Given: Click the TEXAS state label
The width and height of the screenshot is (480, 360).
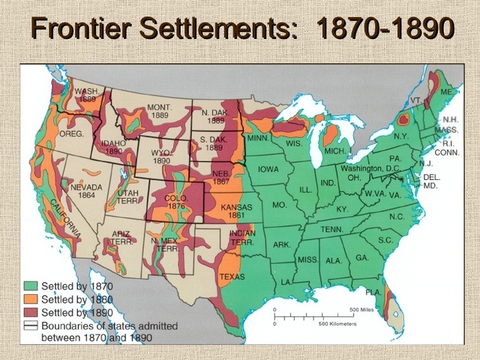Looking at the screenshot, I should click(x=232, y=277).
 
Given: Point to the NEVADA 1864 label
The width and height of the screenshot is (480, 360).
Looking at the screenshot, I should click(x=85, y=191).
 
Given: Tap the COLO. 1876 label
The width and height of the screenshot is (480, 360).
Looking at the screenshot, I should click(x=174, y=202).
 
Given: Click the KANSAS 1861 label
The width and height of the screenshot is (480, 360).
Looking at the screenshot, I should click(x=236, y=211).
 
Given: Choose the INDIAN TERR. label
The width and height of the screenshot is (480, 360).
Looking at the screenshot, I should click(x=241, y=237).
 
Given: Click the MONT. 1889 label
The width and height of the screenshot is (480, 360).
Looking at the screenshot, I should click(x=159, y=112).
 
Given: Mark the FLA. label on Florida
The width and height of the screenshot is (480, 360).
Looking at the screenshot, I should click(x=373, y=292).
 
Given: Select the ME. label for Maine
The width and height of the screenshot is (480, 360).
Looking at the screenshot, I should click(x=446, y=91).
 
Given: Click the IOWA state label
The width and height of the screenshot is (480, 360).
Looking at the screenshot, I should click(x=268, y=169).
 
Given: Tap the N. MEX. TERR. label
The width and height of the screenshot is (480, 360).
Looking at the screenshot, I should click(x=164, y=244).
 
